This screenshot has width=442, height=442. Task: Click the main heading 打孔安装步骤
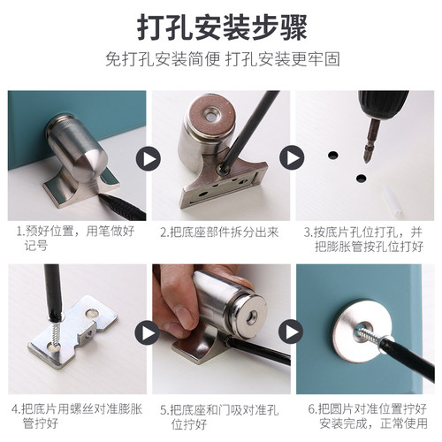(x=221, y=27)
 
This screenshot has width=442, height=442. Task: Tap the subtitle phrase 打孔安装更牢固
(x=280, y=62)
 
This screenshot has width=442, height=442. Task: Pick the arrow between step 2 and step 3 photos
(x=291, y=159)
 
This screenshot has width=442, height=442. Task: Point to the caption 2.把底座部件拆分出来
(x=219, y=233)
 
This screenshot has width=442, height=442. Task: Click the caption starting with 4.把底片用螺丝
(x=74, y=416)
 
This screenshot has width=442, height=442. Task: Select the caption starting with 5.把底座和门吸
(x=219, y=416)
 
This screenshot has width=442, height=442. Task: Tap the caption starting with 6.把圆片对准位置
(x=367, y=416)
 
